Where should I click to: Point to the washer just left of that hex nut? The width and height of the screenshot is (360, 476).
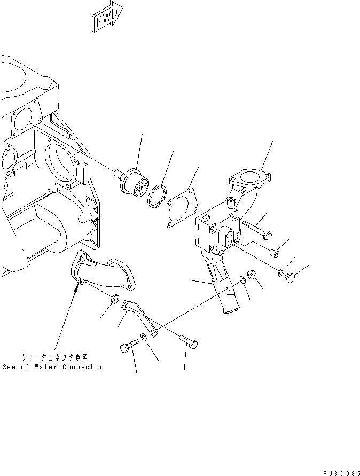pyautogui.click(x=243, y=279)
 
